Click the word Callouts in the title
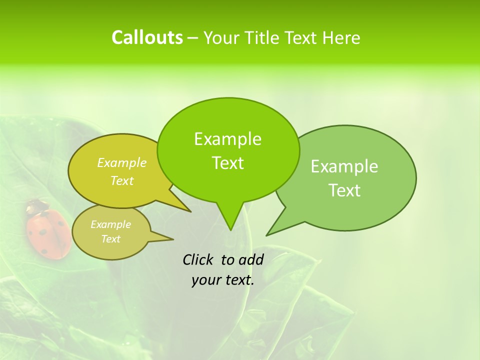(x=147, y=37)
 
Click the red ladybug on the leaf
(x=48, y=232)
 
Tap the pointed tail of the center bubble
(x=230, y=228)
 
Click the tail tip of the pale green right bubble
(x=268, y=234)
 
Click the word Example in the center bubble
(x=227, y=139)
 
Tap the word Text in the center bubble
(x=227, y=163)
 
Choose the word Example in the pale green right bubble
(x=344, y=166)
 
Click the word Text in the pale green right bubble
(x=344, y=190)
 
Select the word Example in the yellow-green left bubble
(x=122, y=162)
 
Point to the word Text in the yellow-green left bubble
(x=122, y=180)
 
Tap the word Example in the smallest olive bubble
(x=110, y=224)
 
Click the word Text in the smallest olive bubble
(x=110, y=239)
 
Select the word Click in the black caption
(x=197, y=259)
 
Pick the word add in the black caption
(x=251, y=259)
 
